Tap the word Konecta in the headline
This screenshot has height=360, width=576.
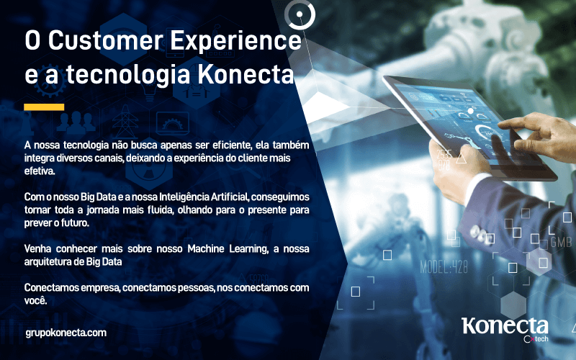[246, 74]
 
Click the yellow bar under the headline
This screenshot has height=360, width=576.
[44, 107]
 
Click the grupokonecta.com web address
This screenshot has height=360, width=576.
[66, 333]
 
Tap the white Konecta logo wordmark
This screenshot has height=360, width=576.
[505, 326]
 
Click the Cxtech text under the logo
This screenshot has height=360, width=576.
[536, 338]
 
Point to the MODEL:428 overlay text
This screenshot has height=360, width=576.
[444, 267]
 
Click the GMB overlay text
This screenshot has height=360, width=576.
[561, 242]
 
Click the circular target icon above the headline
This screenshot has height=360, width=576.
[300, 14]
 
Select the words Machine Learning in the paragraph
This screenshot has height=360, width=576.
[228, 249]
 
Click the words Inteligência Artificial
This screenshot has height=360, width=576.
[204, 197]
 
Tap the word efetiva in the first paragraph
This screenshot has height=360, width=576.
[39, 171]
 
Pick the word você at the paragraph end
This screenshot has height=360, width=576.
[35, 300]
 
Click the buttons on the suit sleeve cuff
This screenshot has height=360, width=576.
[480, 233]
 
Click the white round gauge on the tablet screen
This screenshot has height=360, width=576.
[485, 133]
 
